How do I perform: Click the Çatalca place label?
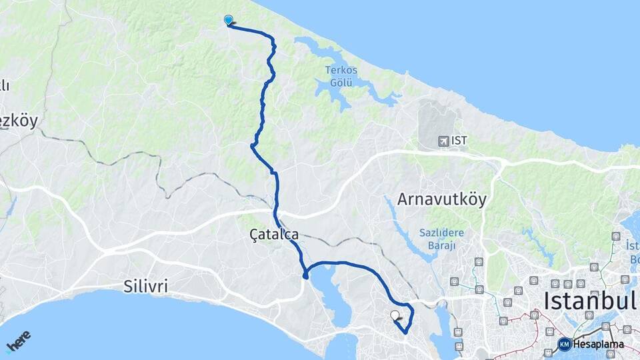point(273,235)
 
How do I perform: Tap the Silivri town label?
point(145,287)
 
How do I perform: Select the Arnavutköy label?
point(442,199)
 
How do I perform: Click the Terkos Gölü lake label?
point(341,76)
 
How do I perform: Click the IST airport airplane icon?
point(443,141)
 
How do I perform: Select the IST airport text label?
point(459,141)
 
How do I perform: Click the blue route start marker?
point(229,20)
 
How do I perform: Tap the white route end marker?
point(395,315)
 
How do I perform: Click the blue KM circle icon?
point(564,344)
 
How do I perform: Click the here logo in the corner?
point(18,341)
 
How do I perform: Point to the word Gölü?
point(341,83)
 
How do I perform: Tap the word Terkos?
point(341,70)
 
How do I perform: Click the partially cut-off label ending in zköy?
point(18,121)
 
